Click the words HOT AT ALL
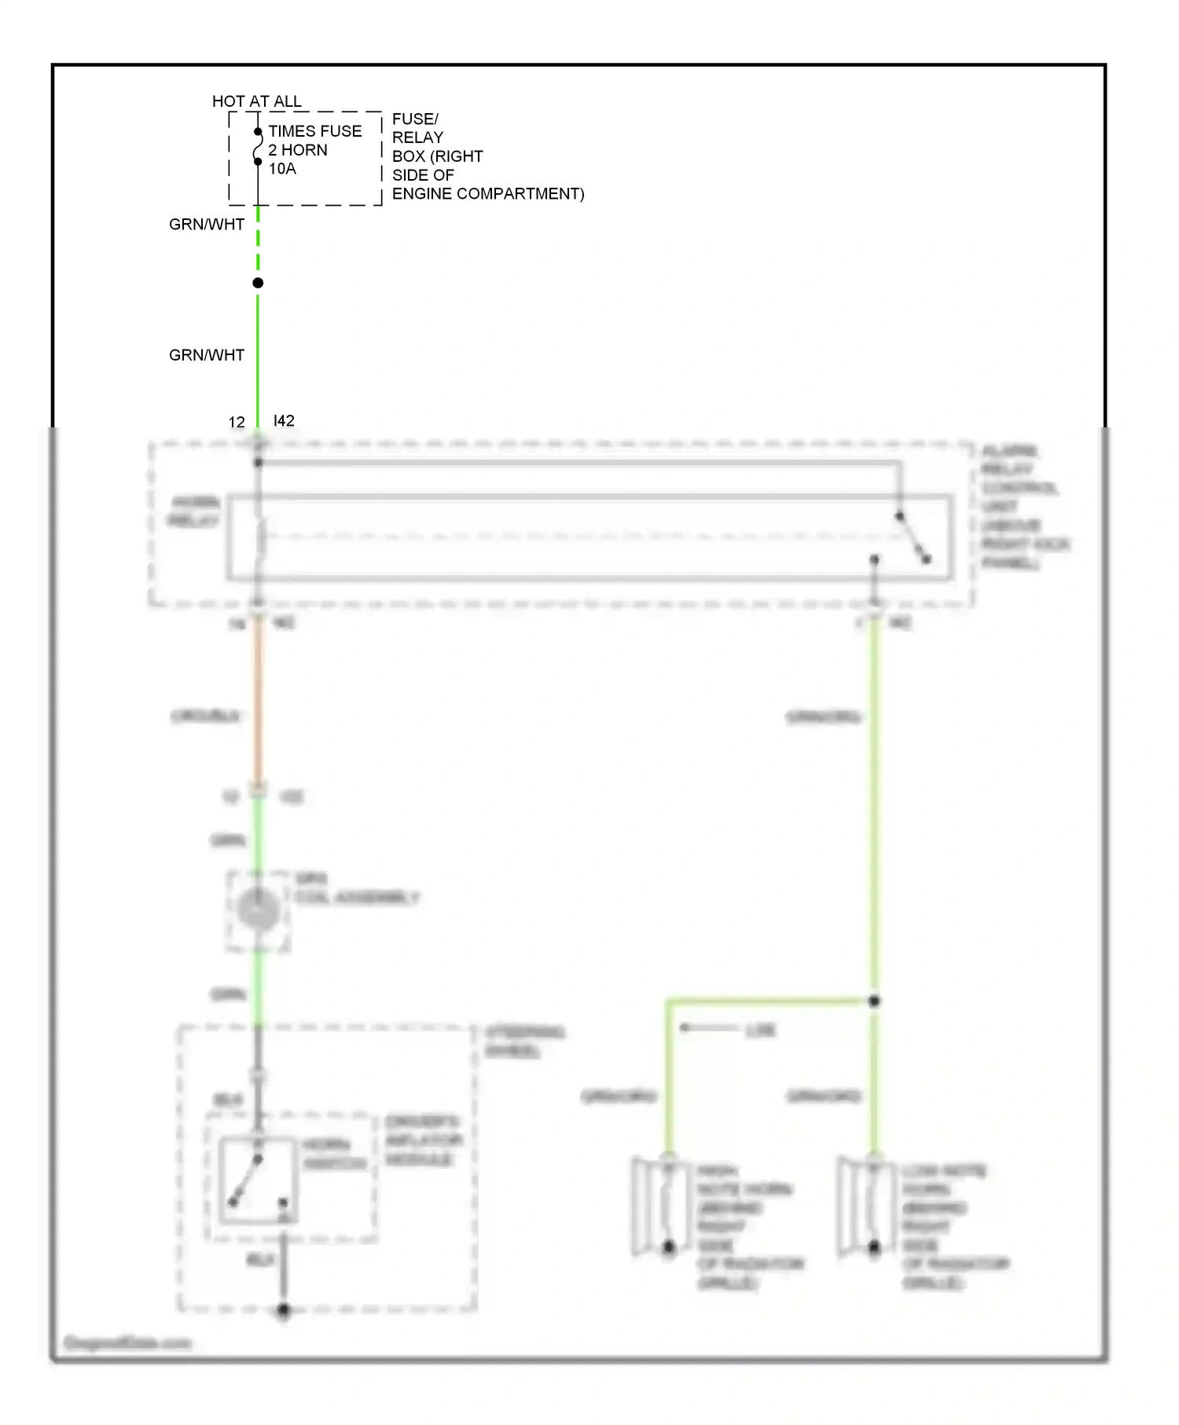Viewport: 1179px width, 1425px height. click(256, 101)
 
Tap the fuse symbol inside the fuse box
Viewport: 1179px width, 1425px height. click(257, 147)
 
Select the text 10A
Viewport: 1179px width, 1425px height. click(282, 169)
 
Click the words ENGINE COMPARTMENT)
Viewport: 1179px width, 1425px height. click(487, 194)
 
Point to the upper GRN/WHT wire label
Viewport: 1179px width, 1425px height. click(207, 225)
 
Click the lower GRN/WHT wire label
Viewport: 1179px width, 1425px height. click(207, 355)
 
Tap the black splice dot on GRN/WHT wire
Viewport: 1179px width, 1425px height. click(258, 283)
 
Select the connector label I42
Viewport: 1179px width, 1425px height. click(284, 421)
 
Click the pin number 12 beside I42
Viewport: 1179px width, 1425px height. click(237, 423)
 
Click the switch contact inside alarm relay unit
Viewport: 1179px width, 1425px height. click(913, 538)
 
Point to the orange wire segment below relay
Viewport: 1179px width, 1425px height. click(258, 707)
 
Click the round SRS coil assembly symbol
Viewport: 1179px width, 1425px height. click(258, 910)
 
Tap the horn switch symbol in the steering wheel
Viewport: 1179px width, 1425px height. click(257, 1181)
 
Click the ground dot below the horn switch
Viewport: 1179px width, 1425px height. click(284, 1310)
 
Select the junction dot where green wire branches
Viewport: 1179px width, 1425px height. click(874, 1001)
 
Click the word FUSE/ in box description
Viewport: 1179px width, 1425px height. click(415, 119)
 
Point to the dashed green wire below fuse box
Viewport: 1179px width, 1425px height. click(258, 240)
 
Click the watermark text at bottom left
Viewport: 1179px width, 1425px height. click(127, 1343)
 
